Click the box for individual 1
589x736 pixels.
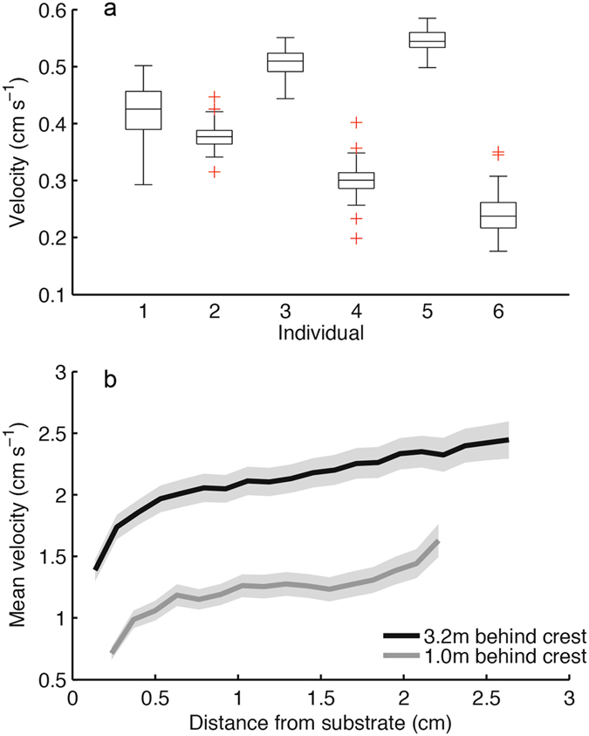pos(144,110)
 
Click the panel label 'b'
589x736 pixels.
pos(109,381)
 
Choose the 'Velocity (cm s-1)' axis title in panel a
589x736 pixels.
pos(18,153)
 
